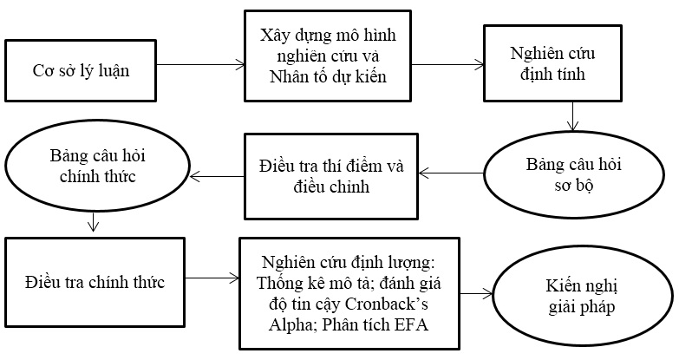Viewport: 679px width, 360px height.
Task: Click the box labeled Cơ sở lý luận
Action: point(81,70)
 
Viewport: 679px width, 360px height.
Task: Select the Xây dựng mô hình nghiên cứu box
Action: point(328,56)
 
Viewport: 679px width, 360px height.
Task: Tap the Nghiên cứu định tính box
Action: point(552,63)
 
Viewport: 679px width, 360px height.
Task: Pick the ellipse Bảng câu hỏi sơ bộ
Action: point(574,174)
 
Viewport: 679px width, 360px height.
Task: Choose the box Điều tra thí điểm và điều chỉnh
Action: point(331,176)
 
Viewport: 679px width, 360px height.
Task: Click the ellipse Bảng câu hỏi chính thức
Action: point(97,166)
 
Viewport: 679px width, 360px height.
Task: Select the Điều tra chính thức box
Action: point(95,282)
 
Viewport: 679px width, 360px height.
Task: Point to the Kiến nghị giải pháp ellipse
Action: point(582,297)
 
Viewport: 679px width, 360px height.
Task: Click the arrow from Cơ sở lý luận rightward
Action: point(200,65)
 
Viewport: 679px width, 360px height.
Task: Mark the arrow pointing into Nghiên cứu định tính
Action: point(447,65)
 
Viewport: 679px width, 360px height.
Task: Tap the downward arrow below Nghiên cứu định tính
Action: point(573,116)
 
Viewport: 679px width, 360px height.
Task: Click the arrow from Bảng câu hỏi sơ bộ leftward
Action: point(451,173)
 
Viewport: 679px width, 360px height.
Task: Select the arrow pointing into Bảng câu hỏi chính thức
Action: point(218,176)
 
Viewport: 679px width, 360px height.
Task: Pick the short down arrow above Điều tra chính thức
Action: point(93,221)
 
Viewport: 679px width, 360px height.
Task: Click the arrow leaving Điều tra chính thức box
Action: point(212,278)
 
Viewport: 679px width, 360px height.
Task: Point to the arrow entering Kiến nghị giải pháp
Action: point(476,294)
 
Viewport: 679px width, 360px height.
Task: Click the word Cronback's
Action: point(387,304)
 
